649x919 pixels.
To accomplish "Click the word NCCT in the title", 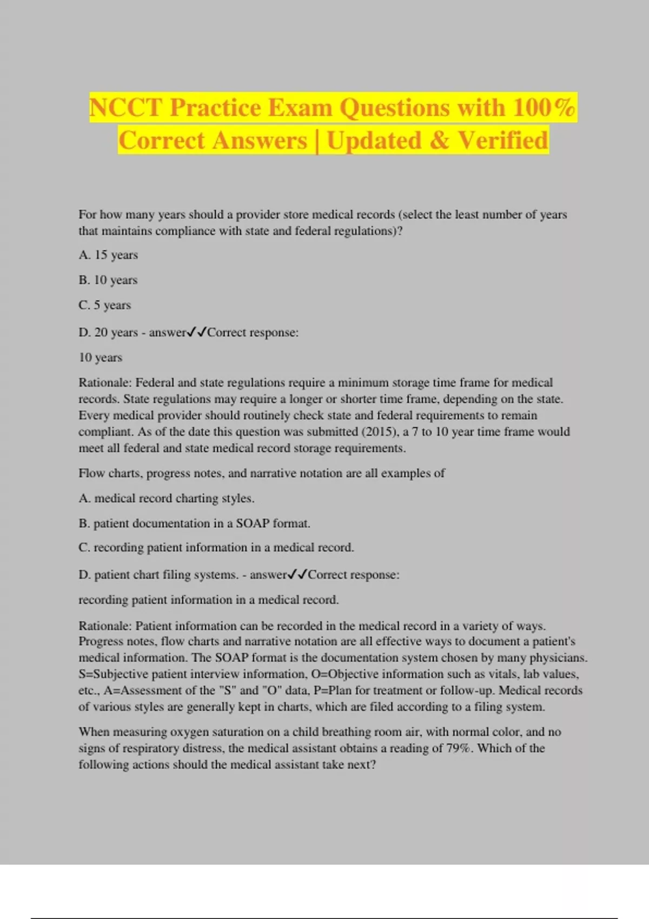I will (125, 108).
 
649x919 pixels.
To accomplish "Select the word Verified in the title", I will (503, 141).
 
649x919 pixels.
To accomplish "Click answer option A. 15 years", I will (108, 255).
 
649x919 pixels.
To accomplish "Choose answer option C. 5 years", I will (105, 305).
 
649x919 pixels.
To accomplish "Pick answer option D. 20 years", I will (109, 332).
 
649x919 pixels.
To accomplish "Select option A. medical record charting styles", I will (167, 498).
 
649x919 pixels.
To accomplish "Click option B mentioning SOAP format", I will (194, 523).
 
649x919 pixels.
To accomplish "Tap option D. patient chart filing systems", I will (158, 575).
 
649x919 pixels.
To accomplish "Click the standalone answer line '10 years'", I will (101, 357).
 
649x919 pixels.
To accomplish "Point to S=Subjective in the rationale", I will (113, 674).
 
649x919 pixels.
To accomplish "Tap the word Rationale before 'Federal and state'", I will (105, 383).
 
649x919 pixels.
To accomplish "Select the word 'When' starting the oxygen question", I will (94, 732).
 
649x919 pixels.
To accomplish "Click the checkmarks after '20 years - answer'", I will (197, 332).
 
